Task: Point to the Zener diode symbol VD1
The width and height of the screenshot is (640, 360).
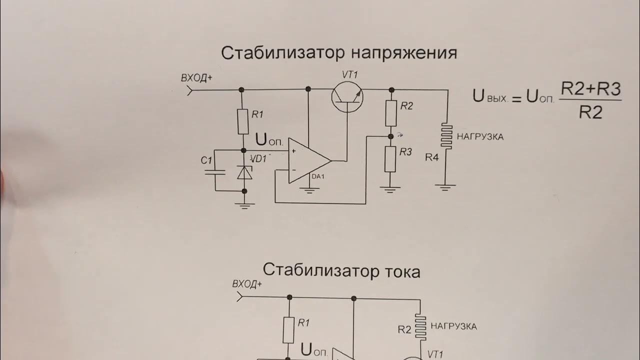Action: pos(244,171)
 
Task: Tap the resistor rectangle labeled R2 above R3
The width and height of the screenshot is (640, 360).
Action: pos(390,113)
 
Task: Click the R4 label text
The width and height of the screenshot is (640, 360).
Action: pos(432,157)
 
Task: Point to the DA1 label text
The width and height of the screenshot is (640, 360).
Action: pos(317,176)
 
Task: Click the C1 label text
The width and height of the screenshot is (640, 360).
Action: pos(206,160)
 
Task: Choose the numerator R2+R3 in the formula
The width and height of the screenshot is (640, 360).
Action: pos(590,89)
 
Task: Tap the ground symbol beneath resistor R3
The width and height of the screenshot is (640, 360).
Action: pos(390,189)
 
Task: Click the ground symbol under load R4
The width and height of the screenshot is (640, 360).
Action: pos(445,187)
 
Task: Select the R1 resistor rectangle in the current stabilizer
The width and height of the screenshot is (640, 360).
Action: pos(288,330)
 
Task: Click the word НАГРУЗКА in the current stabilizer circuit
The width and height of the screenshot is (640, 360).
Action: pos(453,326)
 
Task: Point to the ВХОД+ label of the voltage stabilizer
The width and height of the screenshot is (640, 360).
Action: pos(196,78)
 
